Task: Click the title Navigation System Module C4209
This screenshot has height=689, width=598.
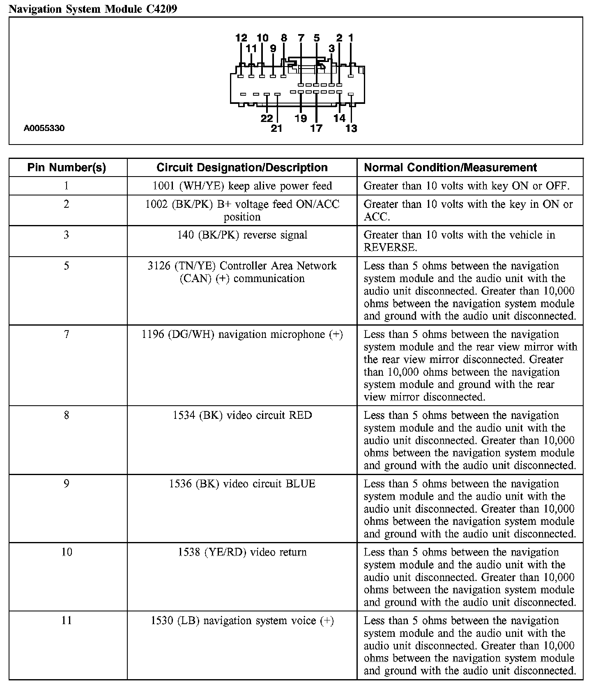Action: tap(93, 9)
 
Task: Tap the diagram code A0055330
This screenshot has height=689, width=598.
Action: tap(44, 128)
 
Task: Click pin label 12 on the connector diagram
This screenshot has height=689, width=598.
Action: tap(241, 38)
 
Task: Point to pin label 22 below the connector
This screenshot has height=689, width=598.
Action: tap(267, 118)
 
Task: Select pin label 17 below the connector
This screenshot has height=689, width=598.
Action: tap(316, 129)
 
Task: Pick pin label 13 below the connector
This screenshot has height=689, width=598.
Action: tap(351, 129)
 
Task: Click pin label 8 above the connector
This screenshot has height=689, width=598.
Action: tap(284, 38)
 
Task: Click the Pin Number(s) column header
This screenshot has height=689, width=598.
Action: tap(67, 168)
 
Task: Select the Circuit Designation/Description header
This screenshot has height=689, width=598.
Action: tap(242, 168)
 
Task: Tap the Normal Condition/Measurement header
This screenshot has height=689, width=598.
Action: tap(450, 168)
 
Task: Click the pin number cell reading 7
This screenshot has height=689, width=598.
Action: tap(67, 335)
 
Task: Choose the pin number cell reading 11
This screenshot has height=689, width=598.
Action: tap(67, 620)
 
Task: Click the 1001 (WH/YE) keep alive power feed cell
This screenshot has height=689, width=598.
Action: tap(242, 186)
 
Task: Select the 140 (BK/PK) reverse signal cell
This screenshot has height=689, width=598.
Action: tap(242, 235)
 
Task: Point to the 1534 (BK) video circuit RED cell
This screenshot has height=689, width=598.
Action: tap(242, 416)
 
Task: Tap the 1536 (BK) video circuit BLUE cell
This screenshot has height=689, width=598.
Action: tap(242, 484)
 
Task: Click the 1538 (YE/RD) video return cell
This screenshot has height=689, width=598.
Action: tap(242, 552)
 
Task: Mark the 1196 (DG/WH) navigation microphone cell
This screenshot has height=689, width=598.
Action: tap(242, 335)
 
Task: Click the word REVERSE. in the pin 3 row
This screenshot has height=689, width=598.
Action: tap(390, 248)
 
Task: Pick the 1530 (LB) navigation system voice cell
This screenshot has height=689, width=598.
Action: tap(242, 620)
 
